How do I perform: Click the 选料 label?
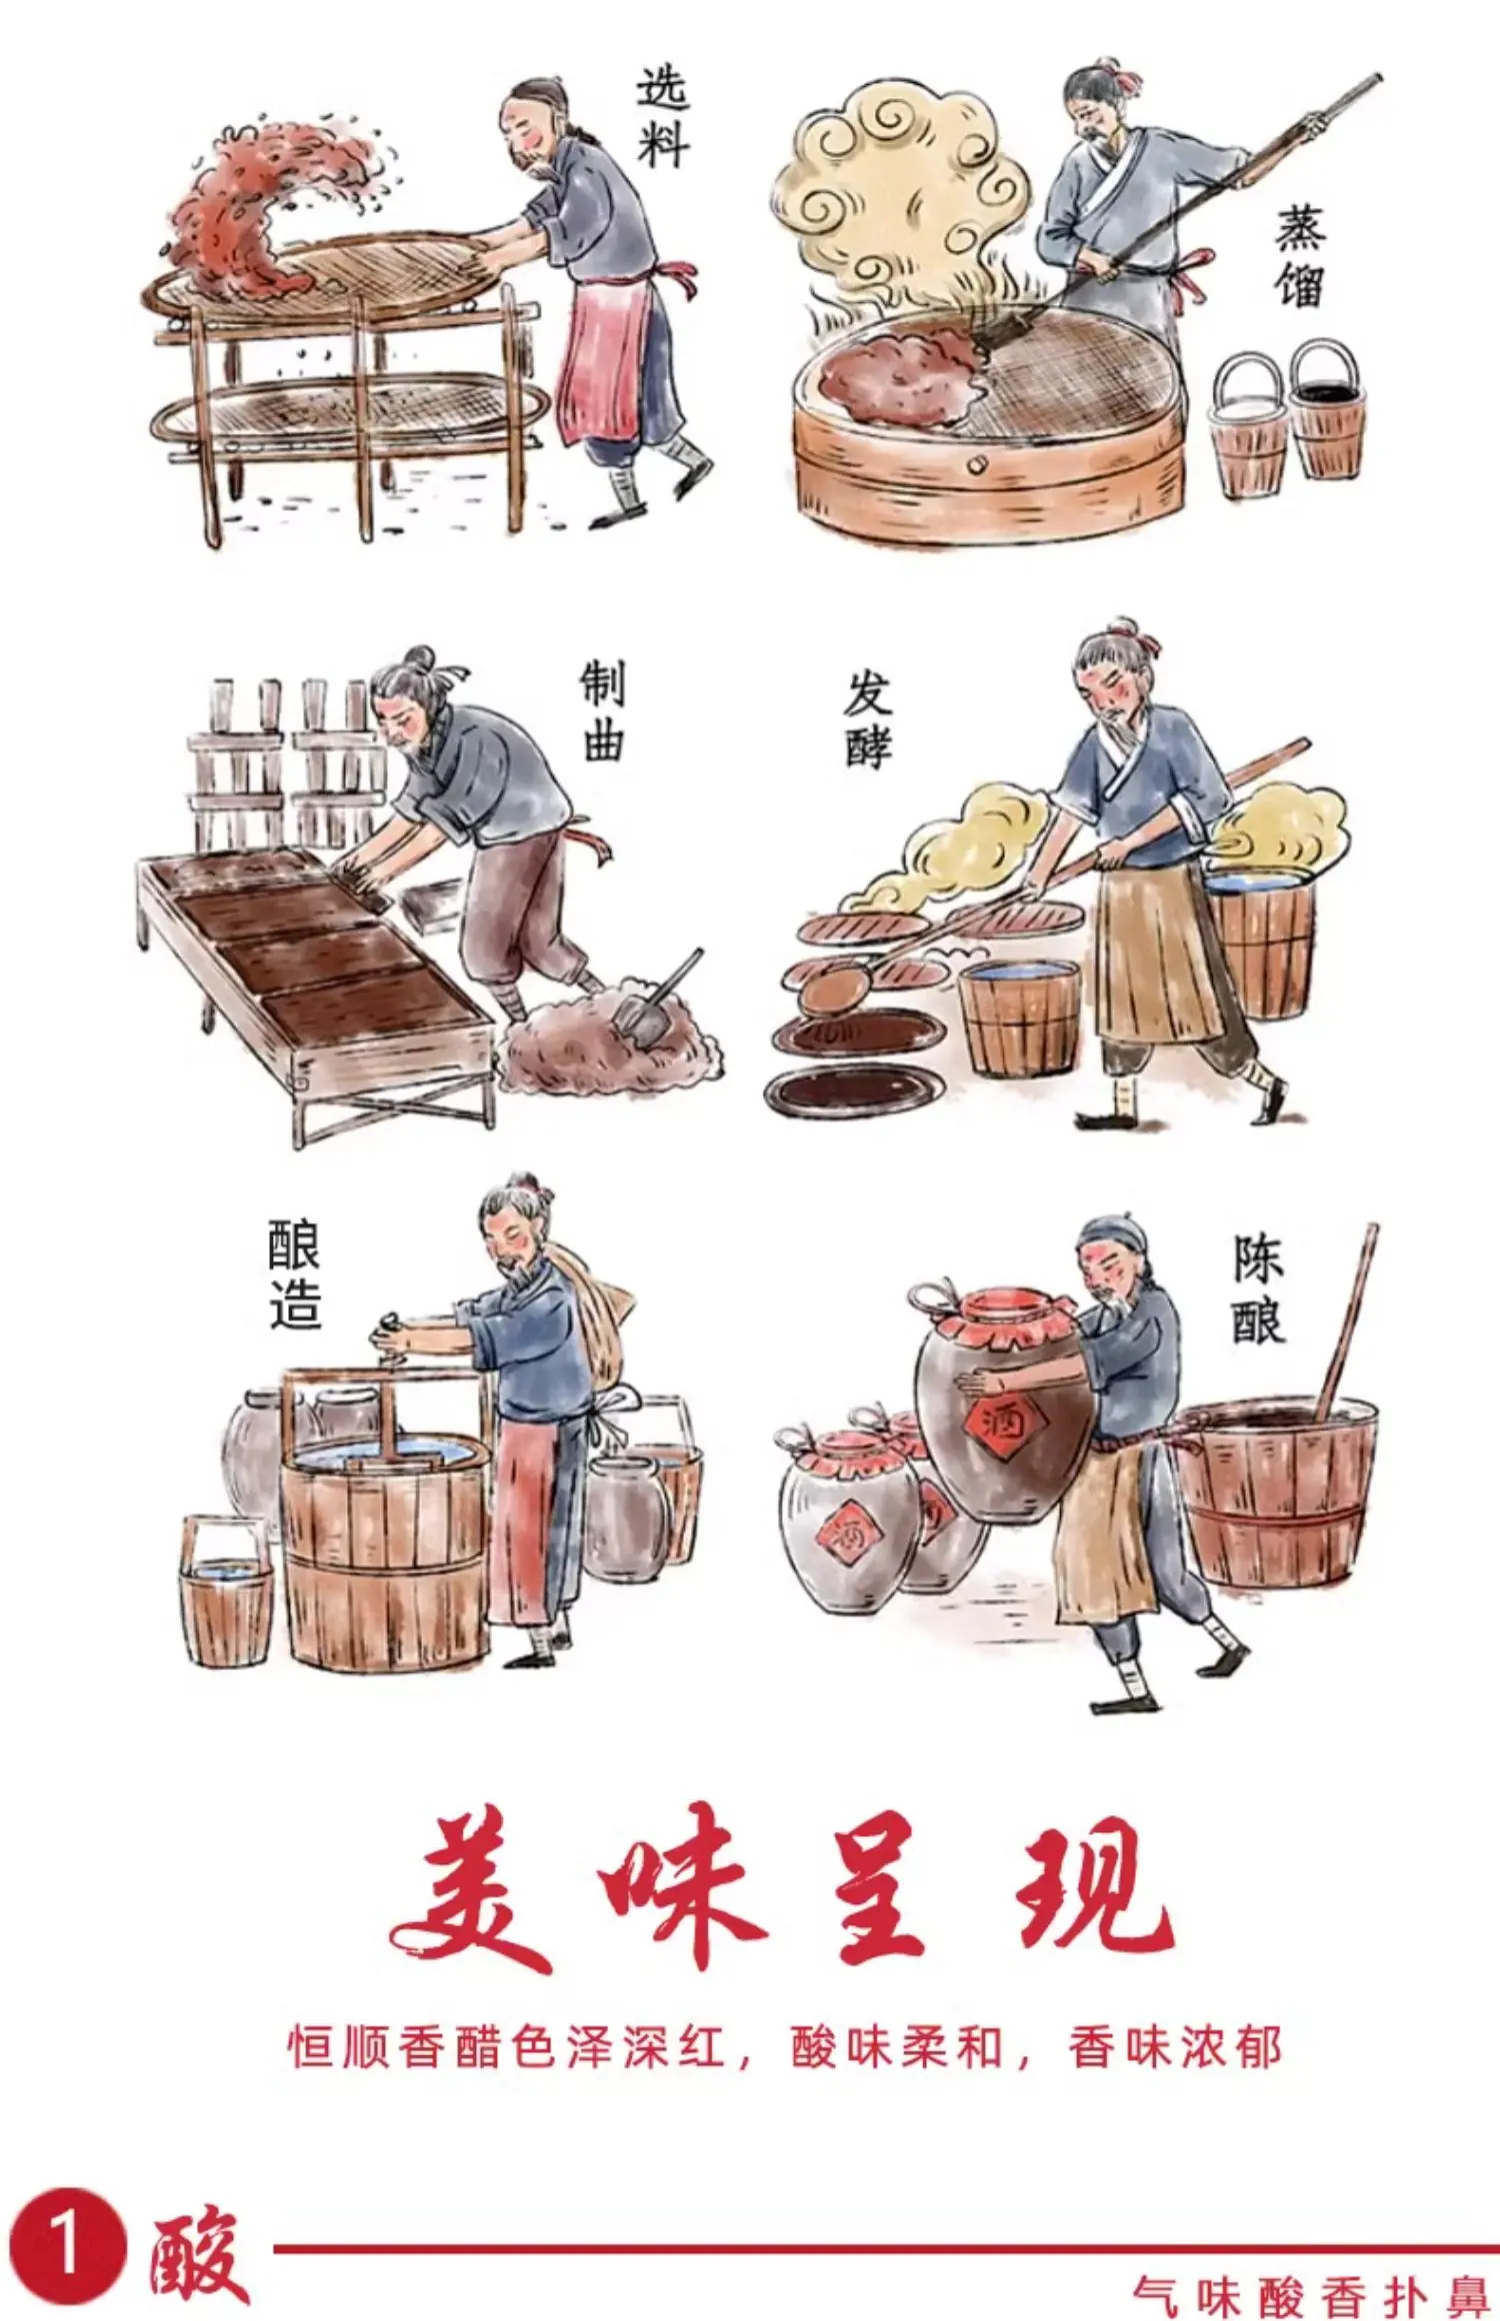click(663, 116)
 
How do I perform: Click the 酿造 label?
click(295, 1271)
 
